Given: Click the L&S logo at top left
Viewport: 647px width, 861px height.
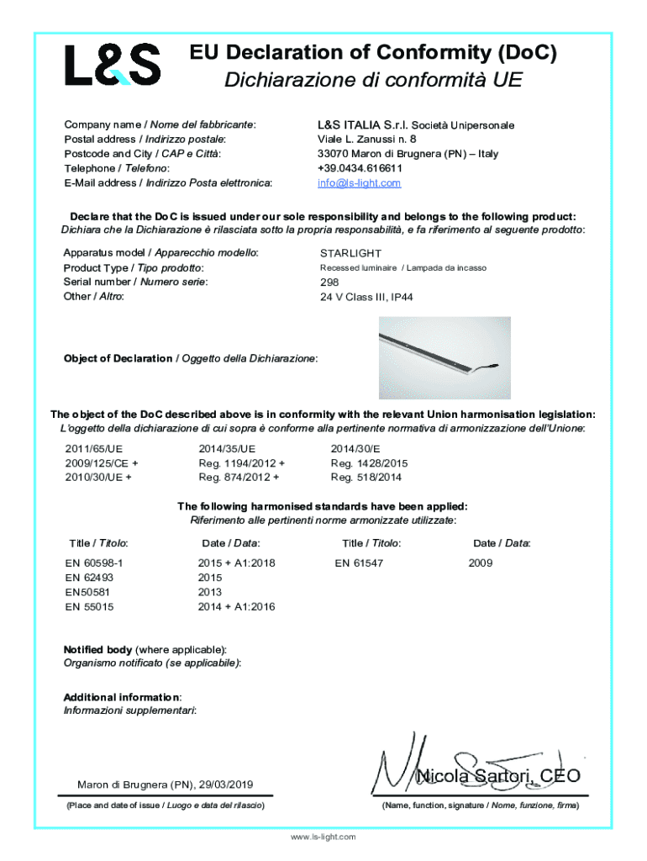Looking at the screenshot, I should coord(113,65).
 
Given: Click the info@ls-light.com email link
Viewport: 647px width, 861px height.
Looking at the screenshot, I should coord(359,182).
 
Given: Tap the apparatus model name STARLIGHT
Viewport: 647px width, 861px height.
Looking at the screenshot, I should coord(350,253).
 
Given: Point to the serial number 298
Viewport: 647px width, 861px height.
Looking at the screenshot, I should coord(329,283).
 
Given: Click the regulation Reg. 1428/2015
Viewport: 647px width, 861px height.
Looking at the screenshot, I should coord(369,463).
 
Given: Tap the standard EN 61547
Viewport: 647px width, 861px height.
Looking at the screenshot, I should coord(359,563).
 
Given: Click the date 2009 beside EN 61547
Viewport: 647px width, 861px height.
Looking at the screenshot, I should coord(481,563).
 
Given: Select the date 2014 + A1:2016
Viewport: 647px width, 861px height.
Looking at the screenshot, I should coord(236,606).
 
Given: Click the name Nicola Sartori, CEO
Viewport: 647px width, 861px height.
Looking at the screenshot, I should coord(498,775).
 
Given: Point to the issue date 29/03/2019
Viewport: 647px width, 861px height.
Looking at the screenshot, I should coord(225,785).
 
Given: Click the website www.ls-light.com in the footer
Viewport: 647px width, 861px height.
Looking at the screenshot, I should coord(323,837).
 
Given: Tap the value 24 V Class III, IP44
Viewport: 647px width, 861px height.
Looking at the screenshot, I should coord(366,297).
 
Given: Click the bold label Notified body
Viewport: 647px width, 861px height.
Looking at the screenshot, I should coord(97,650).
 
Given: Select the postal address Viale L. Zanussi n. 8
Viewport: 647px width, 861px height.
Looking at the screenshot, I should coord(366,139).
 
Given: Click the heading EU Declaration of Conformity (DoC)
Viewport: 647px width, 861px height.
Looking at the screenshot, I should coord(373,54).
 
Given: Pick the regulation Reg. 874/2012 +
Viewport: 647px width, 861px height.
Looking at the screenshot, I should coord(239,478).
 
